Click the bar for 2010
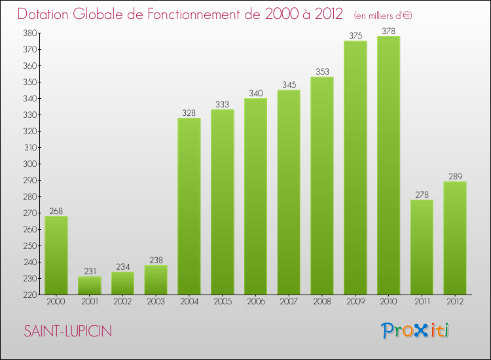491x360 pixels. pos(388,165)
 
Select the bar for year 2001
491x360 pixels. pos(89,285)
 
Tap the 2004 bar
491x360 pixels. pos(189,206)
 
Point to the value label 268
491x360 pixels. pos(56,211)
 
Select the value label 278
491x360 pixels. pos(422,194)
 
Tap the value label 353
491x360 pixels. pos(321,72)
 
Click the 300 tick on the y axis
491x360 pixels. pos(28,164)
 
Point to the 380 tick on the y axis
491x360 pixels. pos(28,33)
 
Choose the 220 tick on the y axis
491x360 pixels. pos(28,295)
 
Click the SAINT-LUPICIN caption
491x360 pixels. pos(68,332)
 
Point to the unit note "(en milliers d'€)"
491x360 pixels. pos(384,15)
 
